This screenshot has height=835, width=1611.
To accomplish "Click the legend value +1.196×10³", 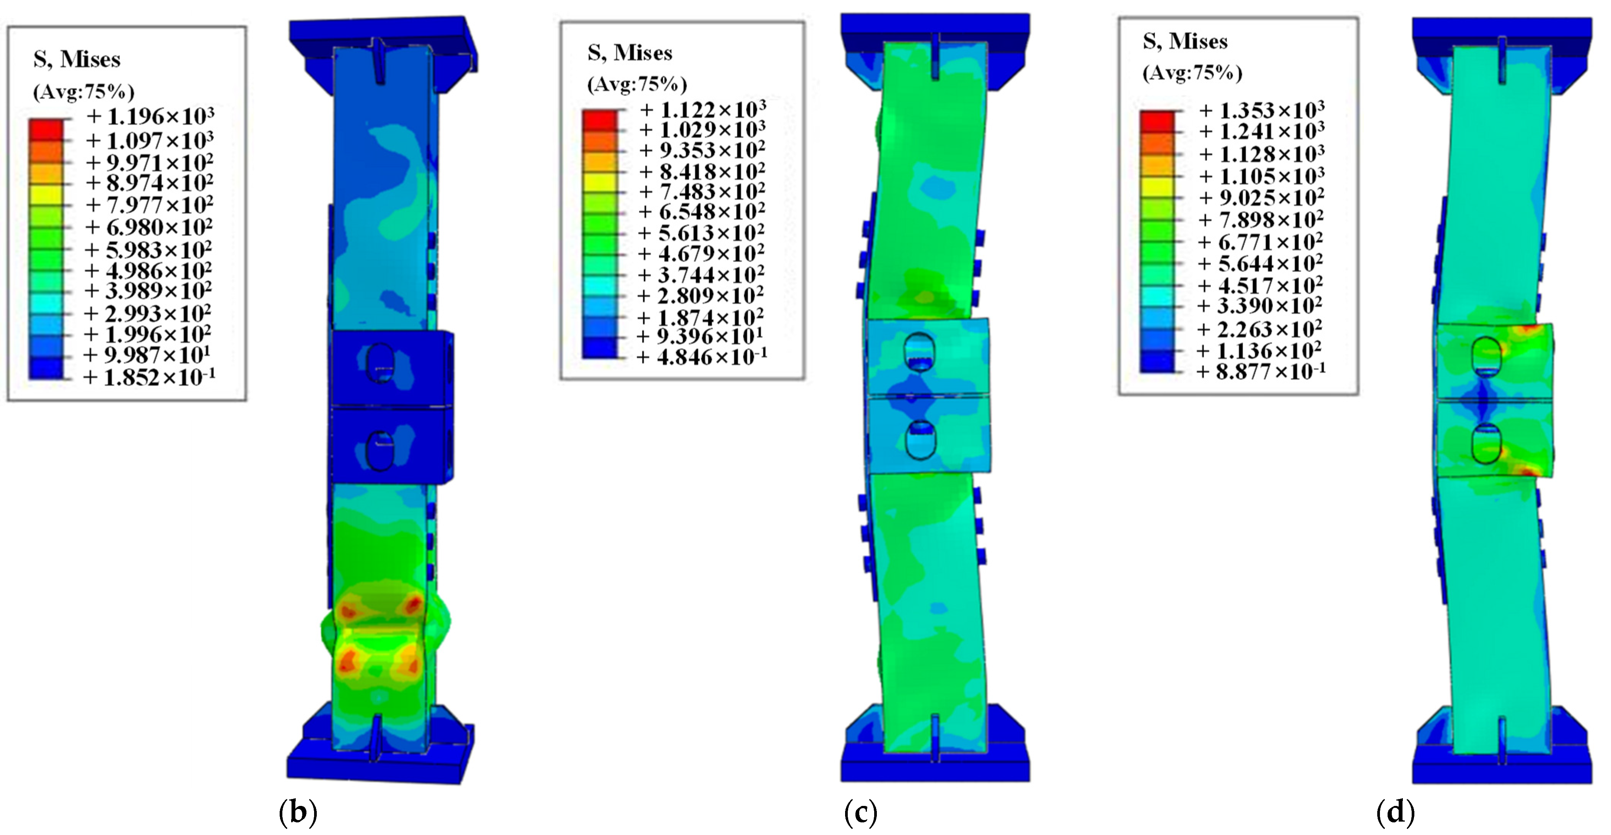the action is click(x=150, y=116).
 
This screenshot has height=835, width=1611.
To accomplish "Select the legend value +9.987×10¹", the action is click(x=147, y=355).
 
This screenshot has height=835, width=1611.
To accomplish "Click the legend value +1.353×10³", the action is click(x=1261, y=111).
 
